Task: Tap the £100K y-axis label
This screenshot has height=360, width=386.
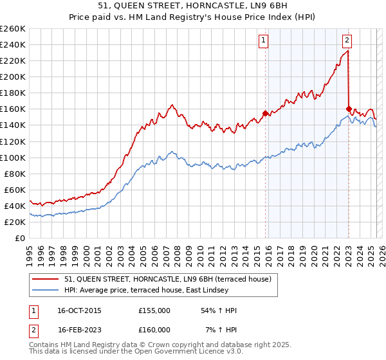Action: (x=13, y=157)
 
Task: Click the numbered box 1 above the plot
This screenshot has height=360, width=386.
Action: (x=264, y=40)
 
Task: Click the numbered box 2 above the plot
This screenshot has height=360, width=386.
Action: (x=347, y=40)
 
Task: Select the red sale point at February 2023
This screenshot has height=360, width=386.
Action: (x=349, y=109)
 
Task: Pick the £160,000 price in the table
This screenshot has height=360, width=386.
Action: (x=154, y=330)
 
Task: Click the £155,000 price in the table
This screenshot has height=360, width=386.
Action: (x=154, y=310)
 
